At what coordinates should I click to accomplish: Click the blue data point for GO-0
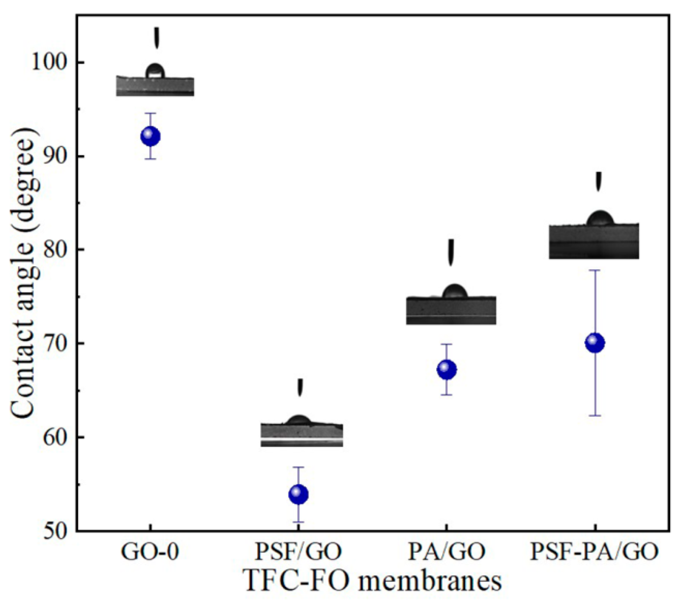pyautogui.click(x=151, y=136)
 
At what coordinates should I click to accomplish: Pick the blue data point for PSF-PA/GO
pyautogui.click(x=595, y=343)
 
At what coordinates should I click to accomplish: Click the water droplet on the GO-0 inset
pyautogui.click(x=155, y=71)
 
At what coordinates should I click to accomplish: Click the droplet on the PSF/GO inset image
pyautogui.click(x=299, y=421)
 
